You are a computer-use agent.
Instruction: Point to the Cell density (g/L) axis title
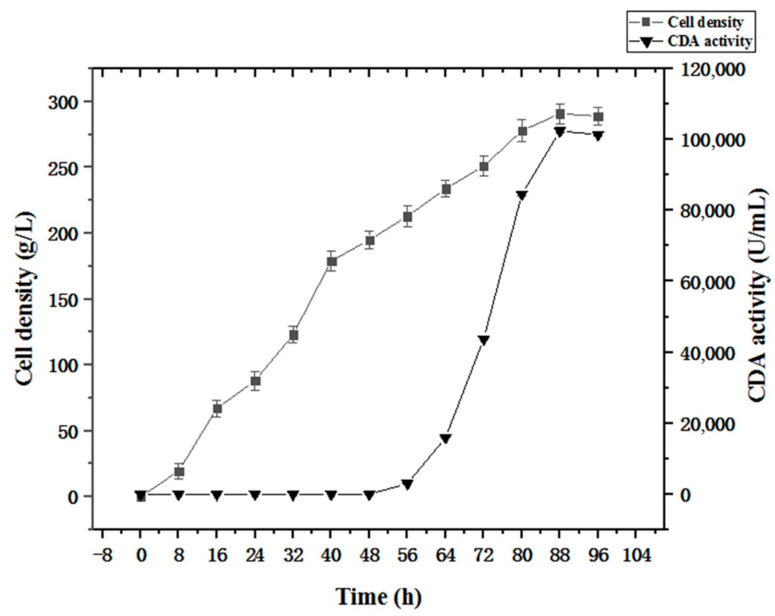coord(26,299)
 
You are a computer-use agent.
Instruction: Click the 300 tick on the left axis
coord(63,102)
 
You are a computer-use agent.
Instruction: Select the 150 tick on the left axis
coord(63,299)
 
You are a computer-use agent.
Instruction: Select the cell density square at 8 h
coord(179,471)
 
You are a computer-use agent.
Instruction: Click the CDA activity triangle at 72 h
coord(484,340)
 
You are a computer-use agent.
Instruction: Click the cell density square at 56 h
coord(408,217)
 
